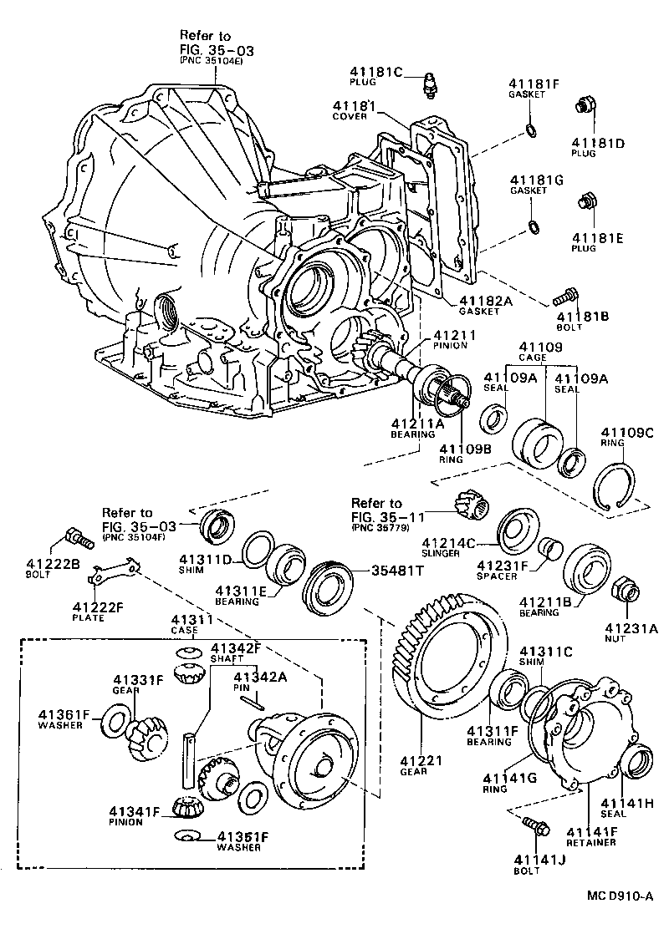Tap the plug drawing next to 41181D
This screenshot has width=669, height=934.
[585, 107]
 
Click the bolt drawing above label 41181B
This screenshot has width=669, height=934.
[566, 295]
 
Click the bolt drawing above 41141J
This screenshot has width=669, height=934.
[535, 827]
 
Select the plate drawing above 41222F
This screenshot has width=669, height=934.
[110, 576]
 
